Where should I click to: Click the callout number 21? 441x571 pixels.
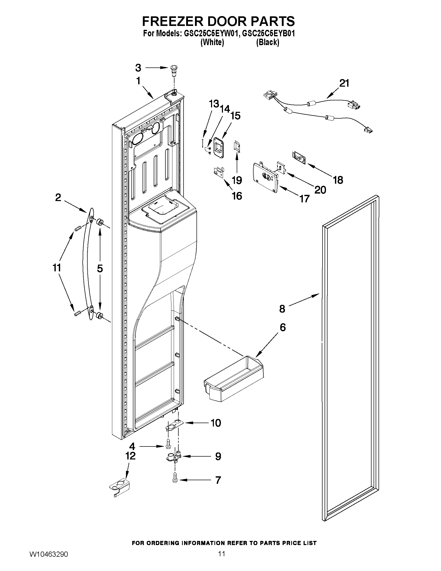click(344, 83)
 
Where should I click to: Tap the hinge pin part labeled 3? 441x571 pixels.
click(173, 70)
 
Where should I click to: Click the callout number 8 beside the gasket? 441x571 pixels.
click(282, 309)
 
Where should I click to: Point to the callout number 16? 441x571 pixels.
click(237, 196)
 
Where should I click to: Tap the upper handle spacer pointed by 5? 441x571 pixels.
click(100, 222)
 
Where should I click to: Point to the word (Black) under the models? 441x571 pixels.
click(268, 42)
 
